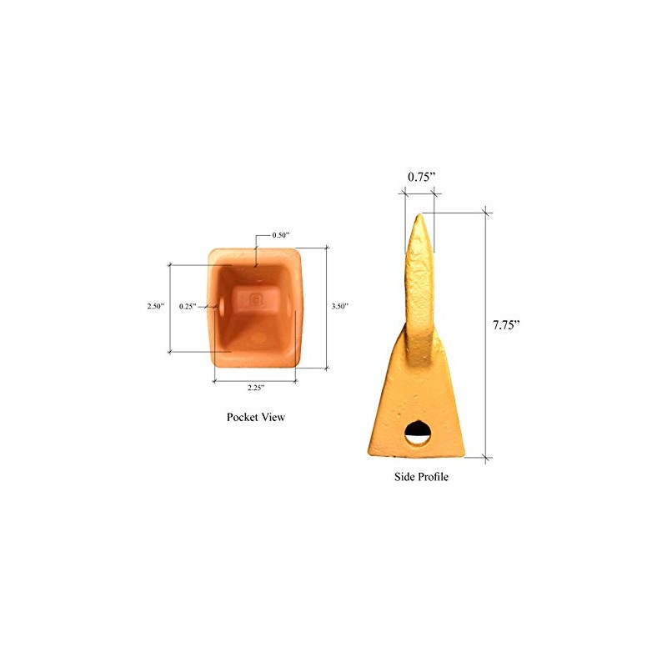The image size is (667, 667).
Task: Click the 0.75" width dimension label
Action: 422,177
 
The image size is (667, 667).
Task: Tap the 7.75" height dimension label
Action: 506,324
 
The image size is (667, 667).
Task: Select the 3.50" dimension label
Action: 339,307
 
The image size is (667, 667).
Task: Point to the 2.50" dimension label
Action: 155,307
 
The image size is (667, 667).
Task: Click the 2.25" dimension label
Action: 255,389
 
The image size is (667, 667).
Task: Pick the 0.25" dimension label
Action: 188,307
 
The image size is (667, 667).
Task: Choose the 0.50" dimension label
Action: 282,235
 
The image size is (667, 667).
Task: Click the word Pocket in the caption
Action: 244,417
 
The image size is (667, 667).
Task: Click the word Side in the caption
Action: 404,478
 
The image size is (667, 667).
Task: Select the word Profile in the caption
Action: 434,478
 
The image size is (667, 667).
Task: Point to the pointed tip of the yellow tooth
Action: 419,215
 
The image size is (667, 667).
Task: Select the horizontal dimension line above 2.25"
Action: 255,380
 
